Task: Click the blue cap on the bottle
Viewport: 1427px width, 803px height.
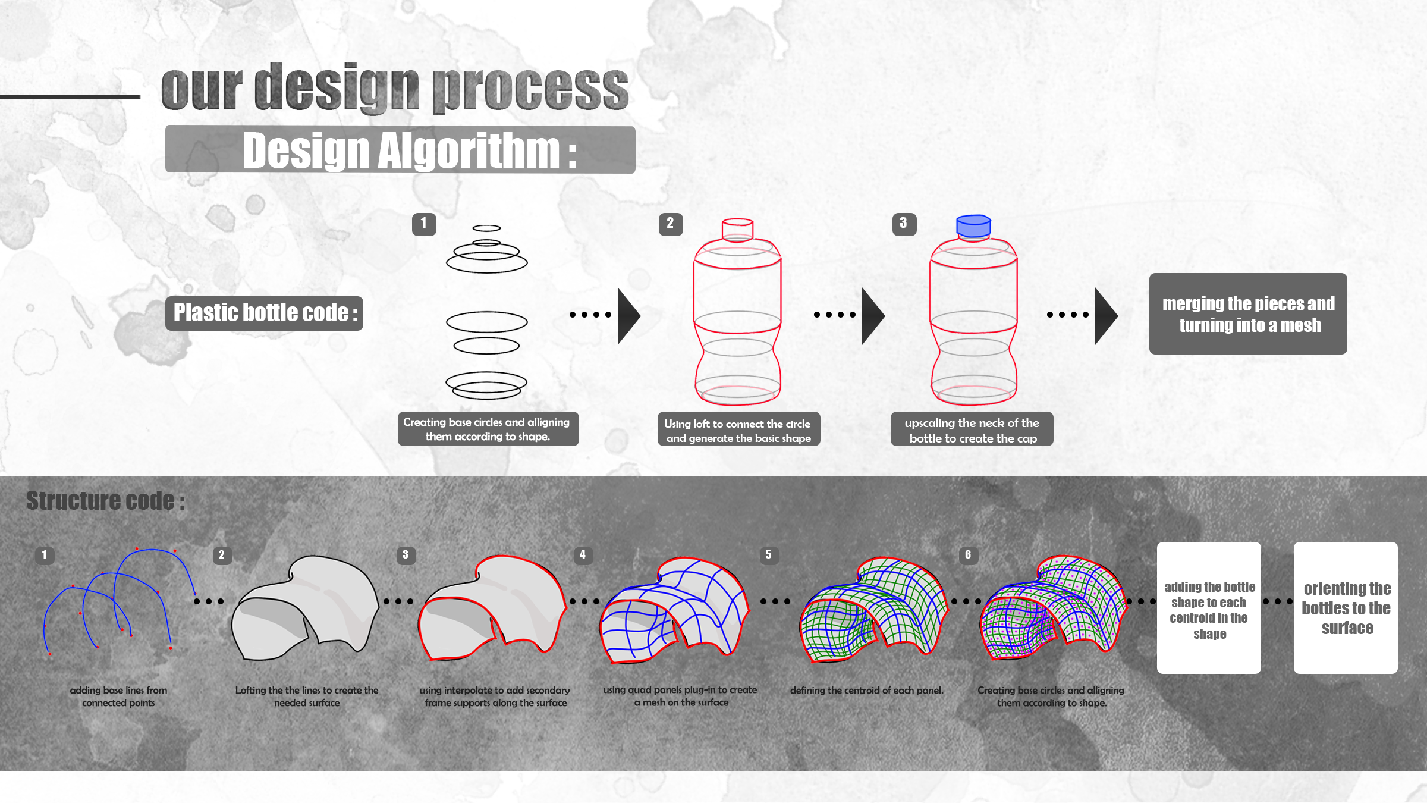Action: coord(973,227)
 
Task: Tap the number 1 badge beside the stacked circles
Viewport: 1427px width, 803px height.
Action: coord(424,224)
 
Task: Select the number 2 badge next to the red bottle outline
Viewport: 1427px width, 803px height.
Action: coord(671,224)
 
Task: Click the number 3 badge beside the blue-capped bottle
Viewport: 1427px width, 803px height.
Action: coord(904,224)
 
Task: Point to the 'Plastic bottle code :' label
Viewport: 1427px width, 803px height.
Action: coord(264,313)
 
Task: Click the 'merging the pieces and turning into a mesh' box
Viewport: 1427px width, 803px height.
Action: coord(1248,314)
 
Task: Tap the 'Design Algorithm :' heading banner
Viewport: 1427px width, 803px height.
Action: coord(400,149)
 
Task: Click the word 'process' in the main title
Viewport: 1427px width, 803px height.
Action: coord(530,89)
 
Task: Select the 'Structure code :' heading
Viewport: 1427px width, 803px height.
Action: coord(106,501)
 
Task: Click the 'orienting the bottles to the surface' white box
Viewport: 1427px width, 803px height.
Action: coord(1346,607)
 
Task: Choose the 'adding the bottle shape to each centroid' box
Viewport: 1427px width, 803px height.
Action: coord(1209,607)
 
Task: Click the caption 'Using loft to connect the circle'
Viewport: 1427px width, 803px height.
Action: coord(737,424)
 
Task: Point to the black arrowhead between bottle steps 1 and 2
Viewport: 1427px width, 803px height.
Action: coord(628,316)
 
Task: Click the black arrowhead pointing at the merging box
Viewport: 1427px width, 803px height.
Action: coord(1106,316)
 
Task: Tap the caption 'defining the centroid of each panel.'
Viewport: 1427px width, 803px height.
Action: coord(867,691)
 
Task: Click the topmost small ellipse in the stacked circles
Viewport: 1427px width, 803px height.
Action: coord(486,228)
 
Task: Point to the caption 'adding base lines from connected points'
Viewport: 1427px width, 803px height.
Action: coord(118,697)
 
